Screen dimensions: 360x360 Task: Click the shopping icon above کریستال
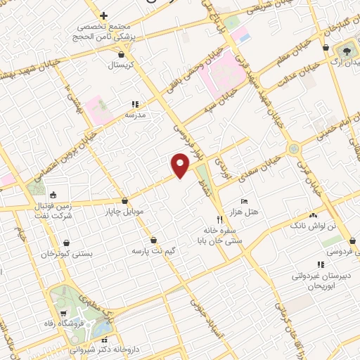(x=122, y=53)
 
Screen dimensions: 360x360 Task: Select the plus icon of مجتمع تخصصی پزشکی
(x=103, y=15)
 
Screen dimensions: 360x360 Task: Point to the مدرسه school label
(x=135, y=113)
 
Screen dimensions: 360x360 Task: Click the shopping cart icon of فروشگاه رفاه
(x=63, y=314)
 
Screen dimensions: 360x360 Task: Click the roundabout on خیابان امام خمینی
(x=292, y=148)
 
